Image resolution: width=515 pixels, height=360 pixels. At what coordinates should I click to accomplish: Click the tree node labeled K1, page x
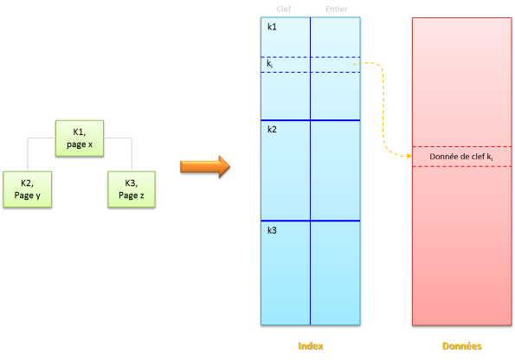tap(80, 138)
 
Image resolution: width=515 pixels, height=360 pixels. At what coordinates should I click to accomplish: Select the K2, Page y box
tap(27, 189)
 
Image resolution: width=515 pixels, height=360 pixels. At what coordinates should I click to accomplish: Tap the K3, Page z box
tap(132, 189)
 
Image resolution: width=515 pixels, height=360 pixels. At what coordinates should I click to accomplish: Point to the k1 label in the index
tap(272, 27)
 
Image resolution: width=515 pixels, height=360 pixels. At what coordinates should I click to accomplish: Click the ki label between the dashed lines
tap(270, 64)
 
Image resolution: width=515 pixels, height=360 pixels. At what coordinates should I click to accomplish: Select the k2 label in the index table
tap(272, 129)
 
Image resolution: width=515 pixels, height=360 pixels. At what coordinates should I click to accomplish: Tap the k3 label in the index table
tap(272, 230)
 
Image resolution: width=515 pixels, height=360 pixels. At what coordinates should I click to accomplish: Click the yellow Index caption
tap(310, 345)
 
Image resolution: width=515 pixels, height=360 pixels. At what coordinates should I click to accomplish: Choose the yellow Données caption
tap(461, 345)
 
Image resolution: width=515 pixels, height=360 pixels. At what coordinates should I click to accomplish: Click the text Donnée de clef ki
tap(461, 157)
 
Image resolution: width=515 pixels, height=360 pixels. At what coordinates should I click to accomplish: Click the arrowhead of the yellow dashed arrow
tap(408, 156)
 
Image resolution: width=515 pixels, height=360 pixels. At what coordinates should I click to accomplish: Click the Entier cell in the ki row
tap(335, 65)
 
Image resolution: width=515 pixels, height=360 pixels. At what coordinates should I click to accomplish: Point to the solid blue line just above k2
tap(310, 119)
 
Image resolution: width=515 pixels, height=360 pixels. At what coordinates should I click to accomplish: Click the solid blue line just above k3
tap(310, 221)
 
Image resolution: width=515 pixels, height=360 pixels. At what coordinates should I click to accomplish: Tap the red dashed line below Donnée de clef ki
tap(461, 166)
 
